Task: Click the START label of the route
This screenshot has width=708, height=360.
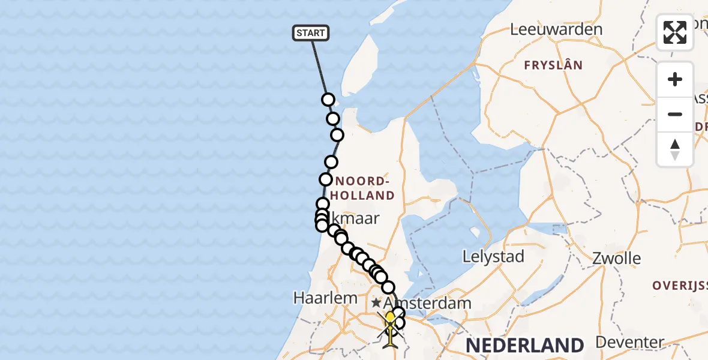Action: click(311, 33)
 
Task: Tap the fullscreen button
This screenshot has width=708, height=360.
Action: click(675, 32)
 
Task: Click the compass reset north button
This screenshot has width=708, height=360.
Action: click(675, 149)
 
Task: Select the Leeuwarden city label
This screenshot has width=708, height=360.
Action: click(556, 29)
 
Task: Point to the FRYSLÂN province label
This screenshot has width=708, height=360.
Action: click(553, 65)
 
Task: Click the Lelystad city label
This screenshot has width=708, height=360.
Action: click(493, 257)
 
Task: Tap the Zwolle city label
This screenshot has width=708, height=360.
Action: click(616, 259)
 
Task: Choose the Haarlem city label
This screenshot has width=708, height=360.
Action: click(325, 297)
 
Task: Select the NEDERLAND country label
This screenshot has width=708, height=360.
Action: click(524, 346)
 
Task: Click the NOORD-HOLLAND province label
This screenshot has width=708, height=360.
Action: click(365, 188)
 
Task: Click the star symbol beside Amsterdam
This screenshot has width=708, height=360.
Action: click(376, 303)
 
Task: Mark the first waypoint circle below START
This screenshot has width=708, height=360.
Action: click(328, 100)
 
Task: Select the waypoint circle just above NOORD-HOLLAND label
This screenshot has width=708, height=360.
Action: click(331, 162)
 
